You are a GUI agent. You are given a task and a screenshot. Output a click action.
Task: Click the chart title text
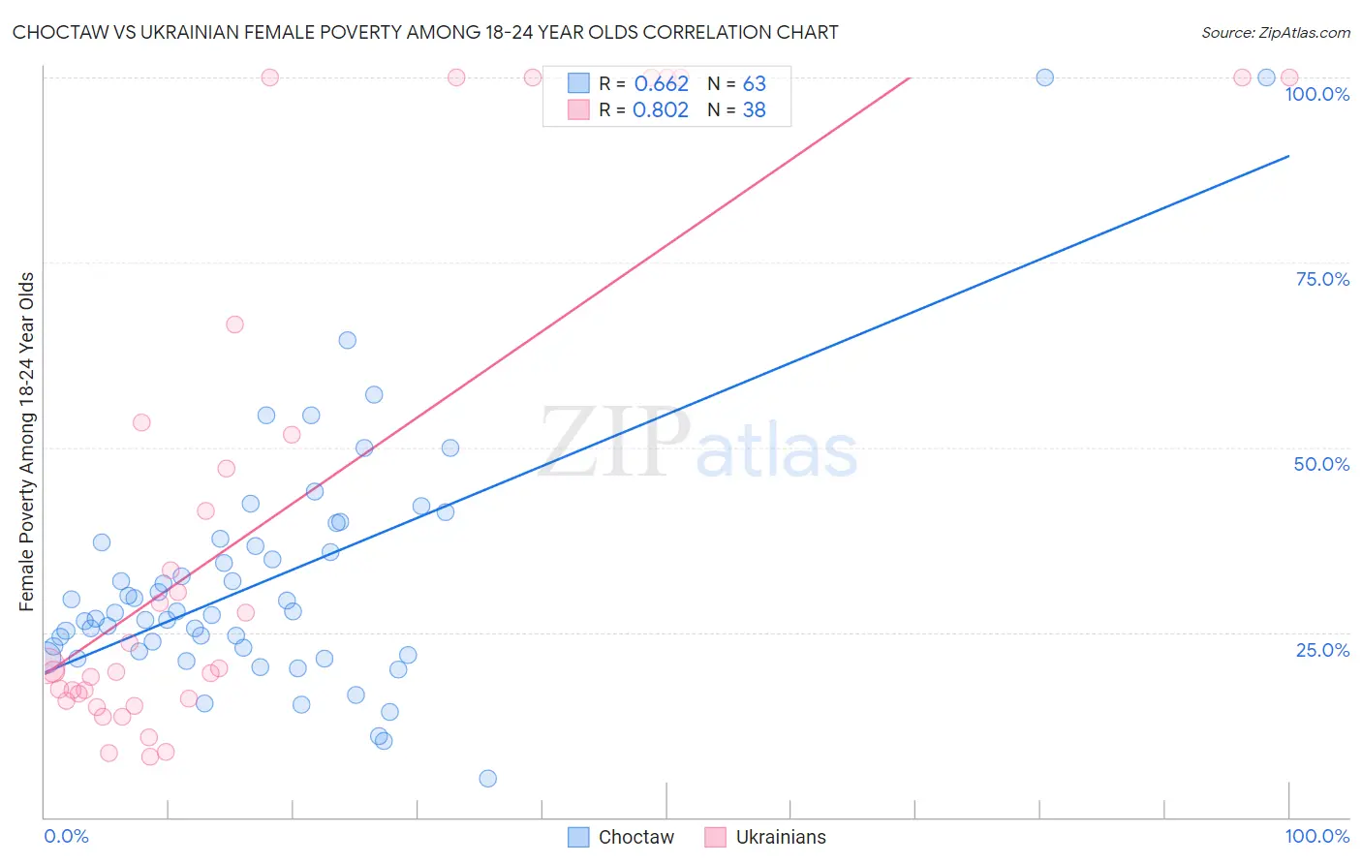click(425, 32)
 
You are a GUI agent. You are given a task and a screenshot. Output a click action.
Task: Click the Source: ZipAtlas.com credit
click(1275, 32)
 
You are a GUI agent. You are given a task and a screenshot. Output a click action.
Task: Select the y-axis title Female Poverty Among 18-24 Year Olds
click(26, 442)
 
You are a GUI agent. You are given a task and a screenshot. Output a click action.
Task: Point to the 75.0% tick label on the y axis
click(1322, 279)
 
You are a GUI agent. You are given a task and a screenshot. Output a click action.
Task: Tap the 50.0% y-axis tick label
click(1321, 464)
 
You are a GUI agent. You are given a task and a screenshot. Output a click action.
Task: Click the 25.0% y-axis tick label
click(1322, 649)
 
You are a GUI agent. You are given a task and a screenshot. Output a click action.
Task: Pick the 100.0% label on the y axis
click(1316, 94)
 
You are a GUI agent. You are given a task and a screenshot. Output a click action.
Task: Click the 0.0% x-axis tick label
click(66, 836)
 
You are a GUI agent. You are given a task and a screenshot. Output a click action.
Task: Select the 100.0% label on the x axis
click(1316, 836)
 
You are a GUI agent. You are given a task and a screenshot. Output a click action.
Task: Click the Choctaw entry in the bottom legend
click(620, 837)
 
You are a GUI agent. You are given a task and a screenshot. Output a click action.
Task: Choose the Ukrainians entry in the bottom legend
click(765, 837)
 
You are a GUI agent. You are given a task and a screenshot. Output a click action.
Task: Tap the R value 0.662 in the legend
click(661, 84)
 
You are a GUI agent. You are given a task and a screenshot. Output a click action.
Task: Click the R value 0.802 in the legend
click(661, 110)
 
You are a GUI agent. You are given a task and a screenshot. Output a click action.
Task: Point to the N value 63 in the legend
click(754, 84)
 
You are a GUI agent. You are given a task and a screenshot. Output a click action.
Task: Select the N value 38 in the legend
click(754, 110)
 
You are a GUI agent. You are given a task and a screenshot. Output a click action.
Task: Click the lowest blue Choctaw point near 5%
click(488, 779)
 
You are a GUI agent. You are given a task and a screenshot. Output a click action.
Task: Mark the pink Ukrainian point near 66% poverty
click(234, 324)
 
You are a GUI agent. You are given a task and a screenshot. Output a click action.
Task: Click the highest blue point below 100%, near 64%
click(347, 340)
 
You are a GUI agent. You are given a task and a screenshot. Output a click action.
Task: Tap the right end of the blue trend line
click(1288, 155)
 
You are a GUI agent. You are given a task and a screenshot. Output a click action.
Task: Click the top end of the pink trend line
click(910, 77)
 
